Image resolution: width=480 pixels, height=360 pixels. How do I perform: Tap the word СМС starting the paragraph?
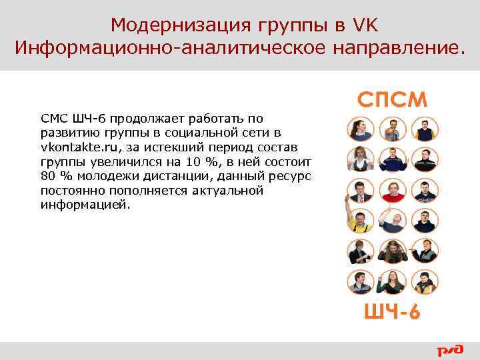pos(51,118)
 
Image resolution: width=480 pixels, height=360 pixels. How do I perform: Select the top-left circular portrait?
pos(361,129)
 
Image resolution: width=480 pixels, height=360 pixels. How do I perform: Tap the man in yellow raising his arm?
pos(361,221)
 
